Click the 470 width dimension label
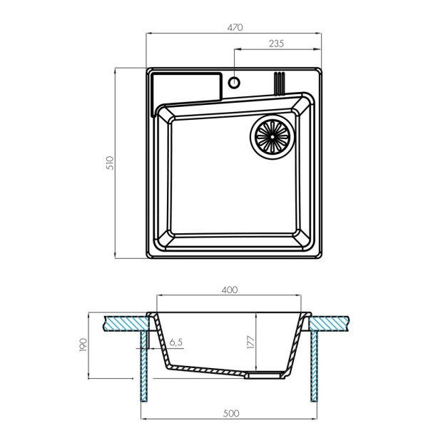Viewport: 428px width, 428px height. coord(235,27)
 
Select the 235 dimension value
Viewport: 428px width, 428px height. coord(276,44)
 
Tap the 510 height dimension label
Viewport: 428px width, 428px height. coord(110,163)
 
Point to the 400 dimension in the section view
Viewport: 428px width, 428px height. coord(229,290)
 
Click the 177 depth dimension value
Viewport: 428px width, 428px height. coord(250,342)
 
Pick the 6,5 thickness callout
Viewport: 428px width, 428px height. coord(175,342)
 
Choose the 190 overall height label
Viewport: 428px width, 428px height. coord(83,345)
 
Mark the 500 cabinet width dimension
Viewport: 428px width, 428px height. coord(231,413)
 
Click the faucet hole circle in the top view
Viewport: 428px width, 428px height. coord(234,82)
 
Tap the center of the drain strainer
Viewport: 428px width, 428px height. coord(272,137)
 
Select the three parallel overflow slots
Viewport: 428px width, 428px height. coord(279,83)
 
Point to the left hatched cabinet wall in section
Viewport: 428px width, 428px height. coord(144,366)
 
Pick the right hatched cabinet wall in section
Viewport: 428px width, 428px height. coord(314,366)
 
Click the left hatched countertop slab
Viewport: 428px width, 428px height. coord(126,323)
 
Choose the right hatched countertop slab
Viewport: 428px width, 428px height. coord(329,323)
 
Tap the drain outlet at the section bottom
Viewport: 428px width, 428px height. coord(265,375)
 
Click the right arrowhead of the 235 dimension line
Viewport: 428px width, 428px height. coord(317,49)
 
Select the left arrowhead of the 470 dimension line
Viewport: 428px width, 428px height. coord(150,34)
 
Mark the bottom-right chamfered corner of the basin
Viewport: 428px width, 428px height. coord(302,238)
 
